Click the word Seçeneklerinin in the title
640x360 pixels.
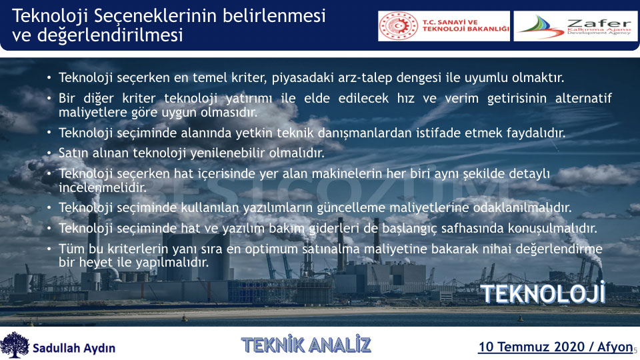pyautogui.click(x=155, y=17)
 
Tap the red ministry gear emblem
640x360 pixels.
pyautogui.click(x=399, y=26)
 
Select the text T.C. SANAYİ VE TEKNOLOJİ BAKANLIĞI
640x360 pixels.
pyautogui.click(x=465, y=26)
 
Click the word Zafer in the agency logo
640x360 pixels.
pyautogui.click(x=599, y=23)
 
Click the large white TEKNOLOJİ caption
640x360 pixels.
pyautogui.click(x=543, y=293)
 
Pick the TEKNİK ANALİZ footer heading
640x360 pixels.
pyautogui.click(x=306, y=345)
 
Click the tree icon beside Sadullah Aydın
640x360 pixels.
pyautogui.click(x=15, y=345)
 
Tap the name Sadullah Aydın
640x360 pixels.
pyautogui.click(x=74, y=348)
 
